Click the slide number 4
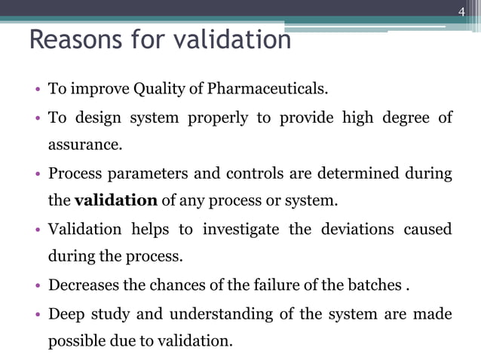[462, 10]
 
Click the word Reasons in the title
[70, 39]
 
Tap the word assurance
[84, 145]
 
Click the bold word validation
[116, 200]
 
